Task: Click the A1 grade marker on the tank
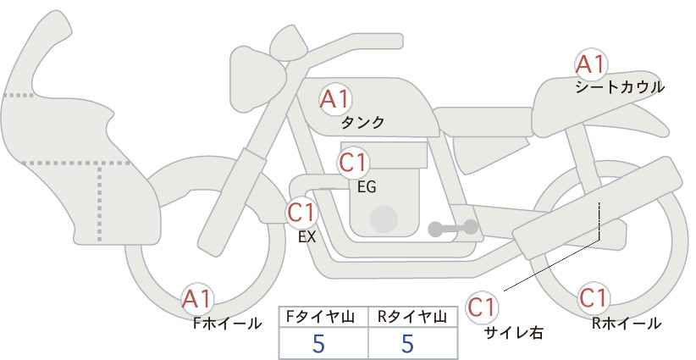335,99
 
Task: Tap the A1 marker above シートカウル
590,64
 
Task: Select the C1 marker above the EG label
353,163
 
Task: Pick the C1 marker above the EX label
301,213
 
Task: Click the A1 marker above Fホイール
197,300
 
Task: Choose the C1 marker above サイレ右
482,307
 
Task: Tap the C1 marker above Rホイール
593,298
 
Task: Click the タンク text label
362,123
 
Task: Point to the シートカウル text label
620,86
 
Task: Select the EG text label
367,187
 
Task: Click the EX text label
307,237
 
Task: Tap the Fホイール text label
227,324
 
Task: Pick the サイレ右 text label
514,333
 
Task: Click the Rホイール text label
627,324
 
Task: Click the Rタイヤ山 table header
412,317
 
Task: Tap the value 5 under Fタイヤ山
318,343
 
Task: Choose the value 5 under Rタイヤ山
407,343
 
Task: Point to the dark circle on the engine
384,219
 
